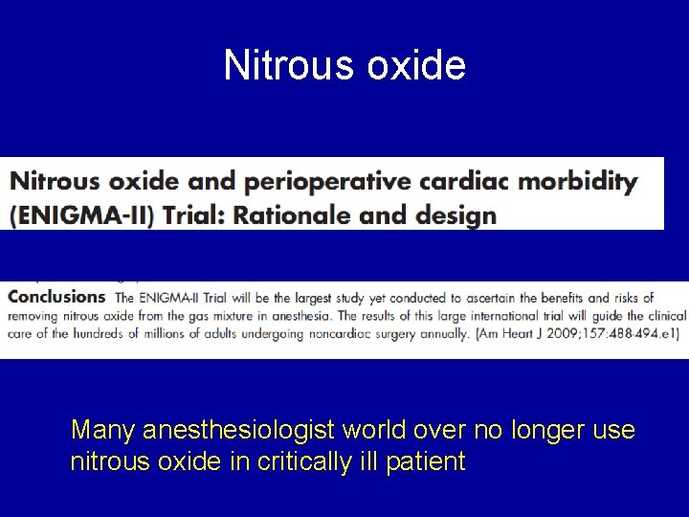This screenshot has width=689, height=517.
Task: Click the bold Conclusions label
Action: (x=56, y=297)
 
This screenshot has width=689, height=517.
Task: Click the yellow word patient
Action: (x=426, y=463)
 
